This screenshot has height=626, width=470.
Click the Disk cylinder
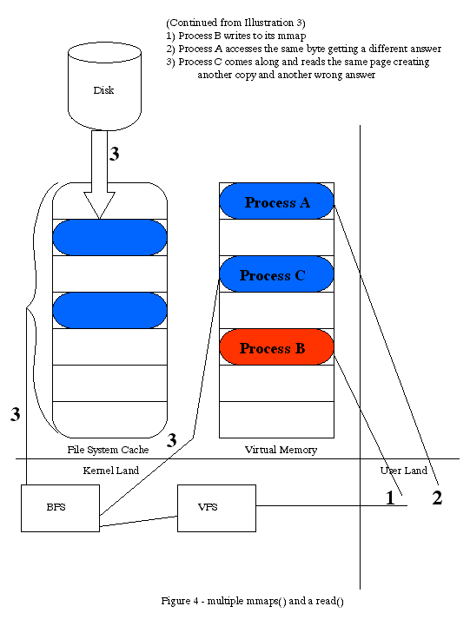pos(104,86)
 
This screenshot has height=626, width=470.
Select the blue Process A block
pos(276,201)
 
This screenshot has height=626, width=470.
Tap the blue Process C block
pos(276,274)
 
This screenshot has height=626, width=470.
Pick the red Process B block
pos(276,347)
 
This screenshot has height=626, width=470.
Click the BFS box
pos(60,508)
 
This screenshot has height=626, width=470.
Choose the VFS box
pos(216,508)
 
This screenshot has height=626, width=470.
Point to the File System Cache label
pos(108,450)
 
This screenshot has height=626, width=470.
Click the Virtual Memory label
pos(281,450)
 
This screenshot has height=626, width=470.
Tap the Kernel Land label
pos(111,471)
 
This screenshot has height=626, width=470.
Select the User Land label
pos(404,471)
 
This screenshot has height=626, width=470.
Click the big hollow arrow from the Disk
pos(99,175)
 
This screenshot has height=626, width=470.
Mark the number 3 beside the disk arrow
pos(115,154)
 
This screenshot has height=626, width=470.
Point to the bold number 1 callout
pos(390,498)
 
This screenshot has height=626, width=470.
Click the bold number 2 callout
pos(437,498)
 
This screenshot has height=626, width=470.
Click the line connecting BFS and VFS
pos(138,522)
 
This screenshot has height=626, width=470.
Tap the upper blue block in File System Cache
pos(109,238)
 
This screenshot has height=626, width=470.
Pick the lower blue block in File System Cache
pos(109,311)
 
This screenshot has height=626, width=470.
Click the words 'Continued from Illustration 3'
pos(235,23)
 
